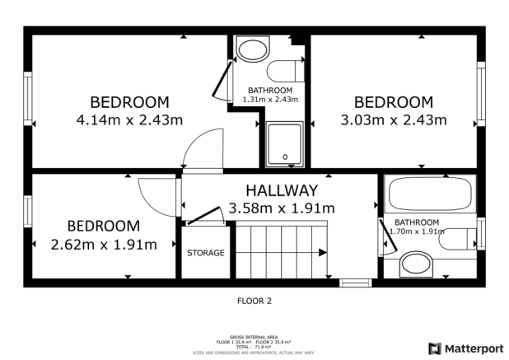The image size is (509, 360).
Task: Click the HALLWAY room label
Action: click(x=281, y=190)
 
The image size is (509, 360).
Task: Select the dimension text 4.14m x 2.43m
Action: click(x=128, y=120)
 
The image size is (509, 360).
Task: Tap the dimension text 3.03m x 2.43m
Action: click(x=393, y=120)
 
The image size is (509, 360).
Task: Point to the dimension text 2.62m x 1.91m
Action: click(x=104, y=245)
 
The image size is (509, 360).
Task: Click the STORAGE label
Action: click(x=205, y=253)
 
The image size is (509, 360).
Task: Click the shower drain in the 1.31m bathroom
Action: click(x=285, y=156)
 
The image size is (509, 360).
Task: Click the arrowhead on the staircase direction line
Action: click(x=324, y=253)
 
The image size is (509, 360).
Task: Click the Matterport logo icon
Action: click(x=434, y=348)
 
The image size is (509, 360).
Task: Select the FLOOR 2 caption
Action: click(x=254, y=302)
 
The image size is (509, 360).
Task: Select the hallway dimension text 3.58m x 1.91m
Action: click(x=281, y=208)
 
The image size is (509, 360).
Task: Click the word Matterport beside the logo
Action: click(x=474, y=348)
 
